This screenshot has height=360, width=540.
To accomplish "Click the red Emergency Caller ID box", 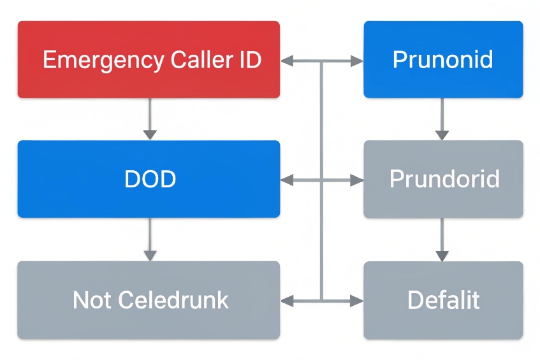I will pos(149,59).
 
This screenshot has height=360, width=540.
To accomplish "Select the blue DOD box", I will pos(149,179).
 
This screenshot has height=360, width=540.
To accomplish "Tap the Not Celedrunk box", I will pos(149,299).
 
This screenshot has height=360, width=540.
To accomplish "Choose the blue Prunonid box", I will pos(443,59).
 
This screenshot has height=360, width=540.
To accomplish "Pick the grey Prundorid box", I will pos(443,179).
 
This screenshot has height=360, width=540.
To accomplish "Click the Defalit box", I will pos(443,299).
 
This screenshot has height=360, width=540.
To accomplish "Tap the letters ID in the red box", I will pos(249,60).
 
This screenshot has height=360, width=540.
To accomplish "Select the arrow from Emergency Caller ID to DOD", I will pos(149,119).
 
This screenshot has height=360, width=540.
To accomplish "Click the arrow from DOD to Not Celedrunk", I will pos(149,239).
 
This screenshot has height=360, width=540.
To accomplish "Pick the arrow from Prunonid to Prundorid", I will pos(442,119).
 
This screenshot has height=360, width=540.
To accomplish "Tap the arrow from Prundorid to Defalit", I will pos(442,239).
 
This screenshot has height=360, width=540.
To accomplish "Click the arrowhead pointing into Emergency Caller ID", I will pos(287,61).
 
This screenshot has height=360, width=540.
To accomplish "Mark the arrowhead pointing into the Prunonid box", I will pos(356,61).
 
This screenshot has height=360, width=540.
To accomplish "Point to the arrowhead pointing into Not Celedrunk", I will pos(287,299).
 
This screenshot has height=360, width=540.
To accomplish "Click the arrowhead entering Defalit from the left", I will pos(356,299).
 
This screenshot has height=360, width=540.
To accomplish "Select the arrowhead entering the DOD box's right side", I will pos(287,180).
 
